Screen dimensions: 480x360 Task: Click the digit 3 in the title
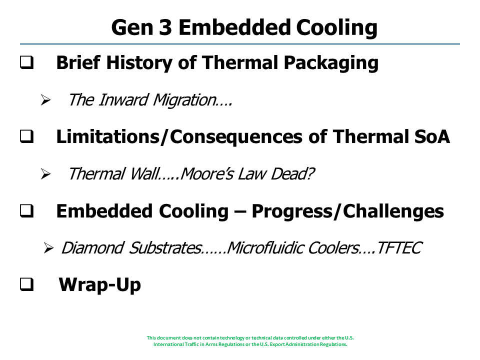(x=165, y=27)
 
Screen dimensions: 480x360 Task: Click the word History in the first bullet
(x=139, y=63)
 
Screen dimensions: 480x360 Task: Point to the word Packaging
(x=331, y=63)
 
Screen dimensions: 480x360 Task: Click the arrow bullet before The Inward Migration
(x=45, y=100)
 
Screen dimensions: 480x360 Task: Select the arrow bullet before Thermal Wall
(x=45, y=174)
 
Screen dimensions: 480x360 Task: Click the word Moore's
(x=207, y=174)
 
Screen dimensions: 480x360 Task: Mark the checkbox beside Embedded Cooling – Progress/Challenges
(x=27, y=211)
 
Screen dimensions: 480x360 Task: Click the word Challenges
(x=393, y=211)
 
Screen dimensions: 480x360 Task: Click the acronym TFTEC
(x=399, y=248)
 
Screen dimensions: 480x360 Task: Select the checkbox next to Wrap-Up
(x=27, y=284)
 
